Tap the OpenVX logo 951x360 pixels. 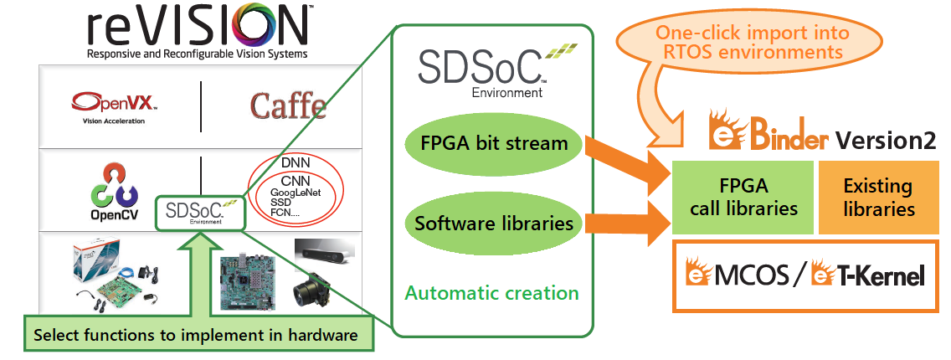[x=113, y=104]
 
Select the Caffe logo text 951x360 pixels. [x=288, y=106]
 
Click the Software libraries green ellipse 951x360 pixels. [x=493, y=224]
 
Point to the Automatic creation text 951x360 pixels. [x=492, y=293]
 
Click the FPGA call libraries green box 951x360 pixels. [x=741, y=197]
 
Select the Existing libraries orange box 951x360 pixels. [x=877, y=197]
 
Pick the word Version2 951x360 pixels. [x=886, y=140]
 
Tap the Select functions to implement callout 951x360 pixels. [x=196, y=336]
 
